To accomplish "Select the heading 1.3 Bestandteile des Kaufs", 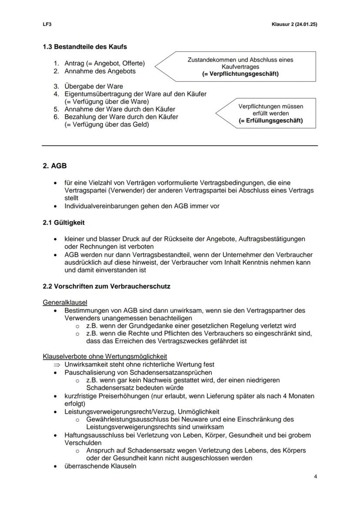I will (x=85, y=47).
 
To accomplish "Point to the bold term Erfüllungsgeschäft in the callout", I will (x=270, y=121).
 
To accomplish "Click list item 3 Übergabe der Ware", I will (x=93, y=86).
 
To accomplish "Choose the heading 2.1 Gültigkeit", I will (x=63, y=223).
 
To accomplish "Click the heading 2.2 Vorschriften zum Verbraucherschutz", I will (x=107, y=286).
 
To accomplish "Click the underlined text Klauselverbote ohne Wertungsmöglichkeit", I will (x=105, y=356).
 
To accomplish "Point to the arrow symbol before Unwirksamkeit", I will (x=57, y=365).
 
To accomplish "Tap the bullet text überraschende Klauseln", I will (x=100, y=466).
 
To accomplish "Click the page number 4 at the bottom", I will (x=315, y=476).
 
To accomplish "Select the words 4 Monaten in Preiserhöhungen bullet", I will (x=298, y=396).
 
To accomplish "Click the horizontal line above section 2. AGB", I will (x=180, y=145).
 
